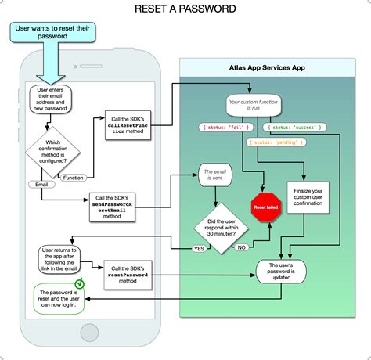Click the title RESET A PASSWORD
(185, 9)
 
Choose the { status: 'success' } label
(290, 127)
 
